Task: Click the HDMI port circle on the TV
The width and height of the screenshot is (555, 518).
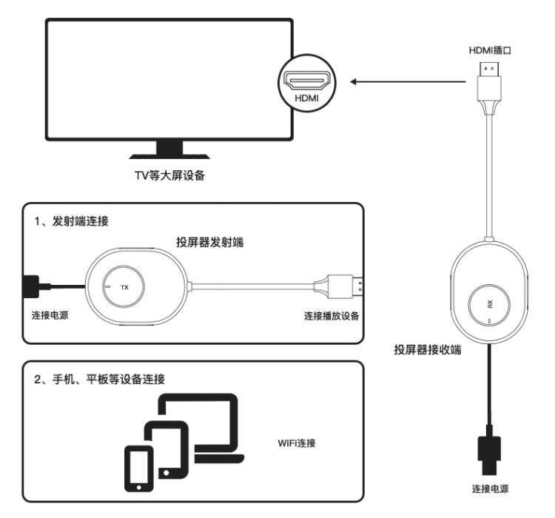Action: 304,82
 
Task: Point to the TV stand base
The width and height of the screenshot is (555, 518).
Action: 169,153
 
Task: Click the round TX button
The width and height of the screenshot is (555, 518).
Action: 124,286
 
